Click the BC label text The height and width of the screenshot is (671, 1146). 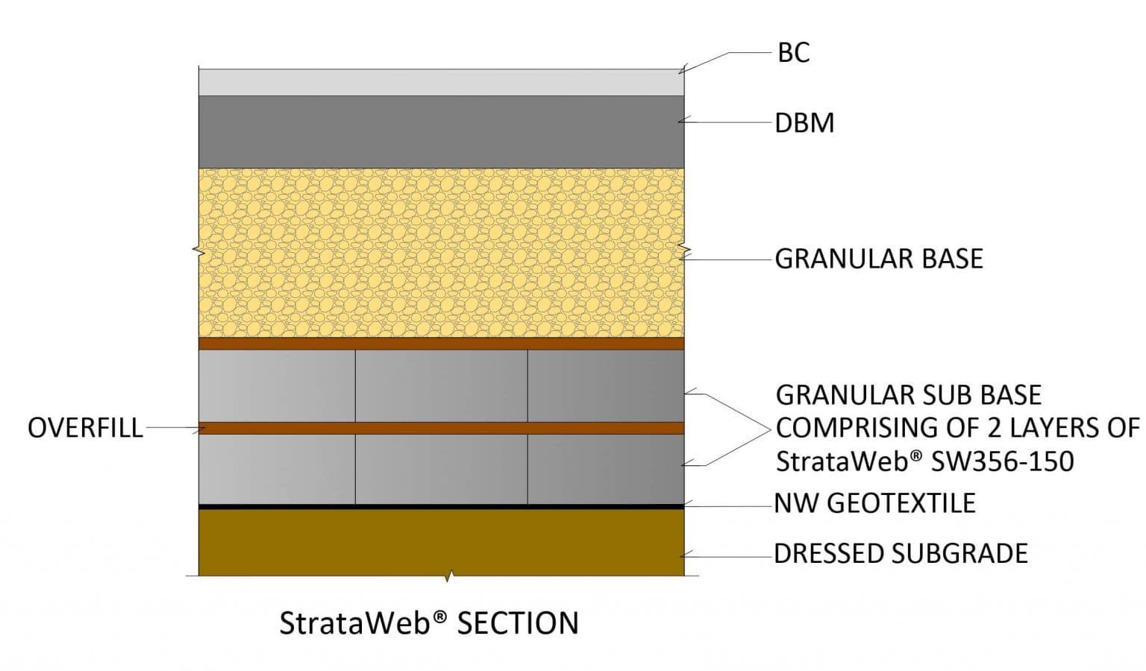(793, 53)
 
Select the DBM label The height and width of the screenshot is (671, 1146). (804, 123)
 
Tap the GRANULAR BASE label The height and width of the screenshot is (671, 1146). (878, 259)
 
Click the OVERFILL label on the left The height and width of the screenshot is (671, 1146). (85, 428)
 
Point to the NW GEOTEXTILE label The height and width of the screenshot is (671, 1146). (874, 503)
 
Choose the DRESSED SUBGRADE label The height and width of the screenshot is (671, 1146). (901, 553)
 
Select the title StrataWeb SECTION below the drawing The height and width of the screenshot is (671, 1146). (429, 623)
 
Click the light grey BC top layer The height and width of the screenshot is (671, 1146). (440, 82)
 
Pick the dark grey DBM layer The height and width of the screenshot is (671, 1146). (440, 131)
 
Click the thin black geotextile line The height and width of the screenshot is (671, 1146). (440, 506)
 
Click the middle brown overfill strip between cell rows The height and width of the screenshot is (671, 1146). (440, 428)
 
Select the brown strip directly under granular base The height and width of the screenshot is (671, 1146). (440, 344)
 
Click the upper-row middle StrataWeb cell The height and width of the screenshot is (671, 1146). (441, 385)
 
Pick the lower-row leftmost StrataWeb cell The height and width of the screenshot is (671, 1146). (277, 469)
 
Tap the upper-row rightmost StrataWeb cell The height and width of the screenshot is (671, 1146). (605, 385)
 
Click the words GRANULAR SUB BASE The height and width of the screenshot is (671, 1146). (908, 394)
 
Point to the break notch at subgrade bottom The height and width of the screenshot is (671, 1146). (448, 576)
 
